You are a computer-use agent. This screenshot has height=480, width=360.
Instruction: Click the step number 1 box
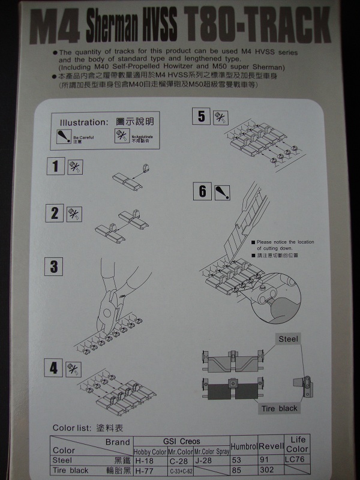pyautogui.click(x=56, y=166)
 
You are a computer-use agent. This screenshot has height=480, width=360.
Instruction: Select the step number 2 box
pyautogui.click(x=56, y=212)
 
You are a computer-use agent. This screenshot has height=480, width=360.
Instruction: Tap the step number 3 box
pyautogui.click(x=54, y=266)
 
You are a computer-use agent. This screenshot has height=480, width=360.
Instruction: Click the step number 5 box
pyautogui.click(x=201, y=116)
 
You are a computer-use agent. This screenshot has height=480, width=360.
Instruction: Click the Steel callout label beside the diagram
pyautogui.click(x=288, y=339)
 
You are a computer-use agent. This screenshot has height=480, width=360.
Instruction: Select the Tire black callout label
pyautogui.click(x=279, y=409)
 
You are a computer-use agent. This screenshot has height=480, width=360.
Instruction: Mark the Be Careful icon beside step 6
pyautogui.click(x=221, y=191)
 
